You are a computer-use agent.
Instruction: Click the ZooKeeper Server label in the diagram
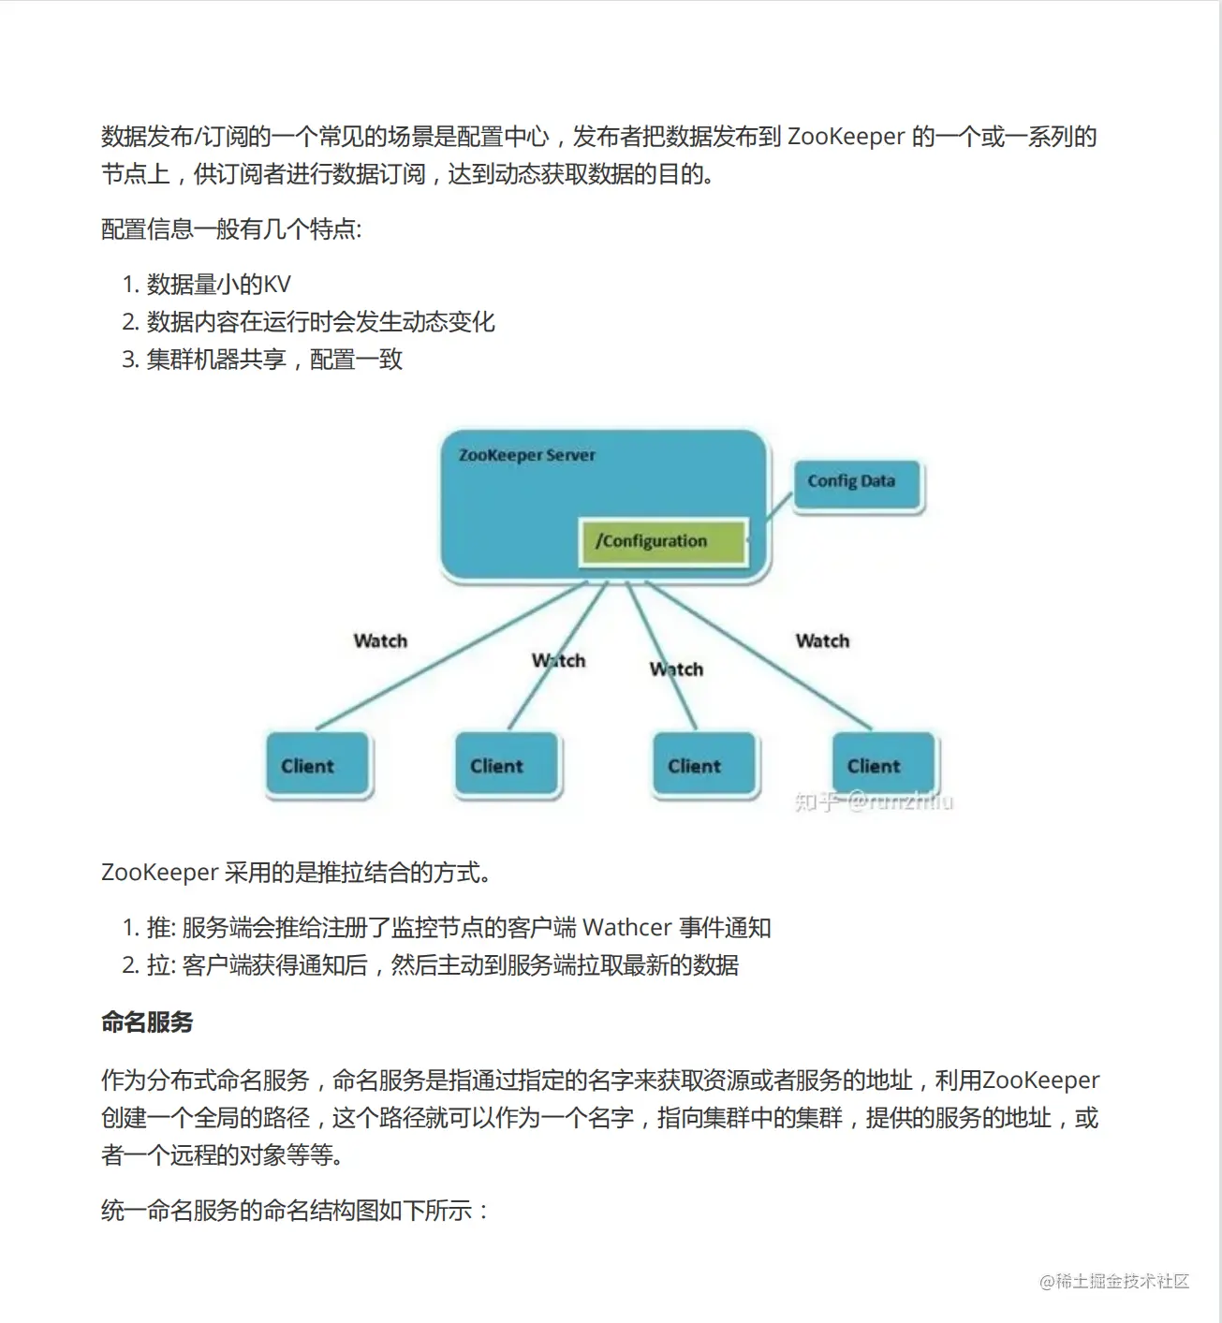[x=526, y=456]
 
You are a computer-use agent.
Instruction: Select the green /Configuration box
[x=664, y=541]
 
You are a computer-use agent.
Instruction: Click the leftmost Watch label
[x=380, y=641]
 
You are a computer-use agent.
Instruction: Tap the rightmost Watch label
[x=822, y=641]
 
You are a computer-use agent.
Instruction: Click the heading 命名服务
[x=147, y=1022]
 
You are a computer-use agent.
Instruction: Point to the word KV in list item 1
[x=277, y=285]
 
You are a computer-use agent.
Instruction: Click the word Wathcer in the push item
[x=627, y=928]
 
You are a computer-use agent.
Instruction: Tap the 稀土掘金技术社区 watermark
[x=1114, y=1282]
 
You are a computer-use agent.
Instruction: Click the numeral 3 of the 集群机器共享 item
[x=129, y=360]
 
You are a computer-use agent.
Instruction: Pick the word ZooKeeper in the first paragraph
[x=847, y=137]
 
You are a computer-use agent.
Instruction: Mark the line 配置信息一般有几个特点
[x=230, y=229]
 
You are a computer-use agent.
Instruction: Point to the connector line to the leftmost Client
[x=449, y=656]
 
